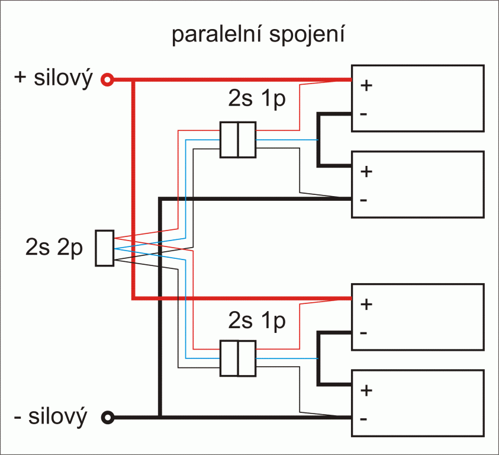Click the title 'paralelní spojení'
click(x=258, y=36)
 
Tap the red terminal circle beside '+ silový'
click(x=107, y=79)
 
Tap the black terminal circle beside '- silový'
click(x=107, y=417)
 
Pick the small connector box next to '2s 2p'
click(x=104, y=248)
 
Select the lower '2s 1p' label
click(x=256, y=322)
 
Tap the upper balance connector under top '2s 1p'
click(x=237, y=140)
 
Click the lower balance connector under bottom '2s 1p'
click(x=237, y=358)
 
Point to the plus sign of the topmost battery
click(x=366, y=85)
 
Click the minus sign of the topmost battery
click(x=363, y=113)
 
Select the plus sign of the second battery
click(x=366, y=172)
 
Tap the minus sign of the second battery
click(x=363, y=200)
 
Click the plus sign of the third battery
click(x=366, y=305)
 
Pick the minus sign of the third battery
click(x=363, y=332)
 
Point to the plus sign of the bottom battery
click(x=366, y=390)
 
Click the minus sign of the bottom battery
click(x=363, y=419)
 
